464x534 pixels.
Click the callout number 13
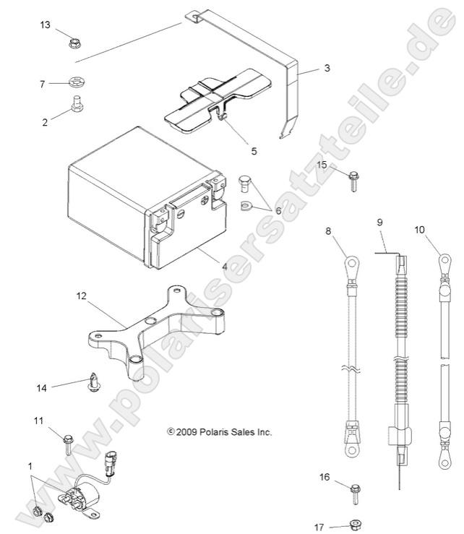tap(45, 25)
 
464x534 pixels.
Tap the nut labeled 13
tap(74, 44)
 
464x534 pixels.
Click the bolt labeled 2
tap(74, 107)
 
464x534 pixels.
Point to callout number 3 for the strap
tap(327, 69)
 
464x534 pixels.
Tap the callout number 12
tap(80, 296)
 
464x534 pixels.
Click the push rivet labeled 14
tap(93, 382)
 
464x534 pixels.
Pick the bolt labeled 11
tap(66, 441)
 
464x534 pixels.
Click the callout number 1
tap(30, 465)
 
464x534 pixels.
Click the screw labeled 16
tap(354, 494)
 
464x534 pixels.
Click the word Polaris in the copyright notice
tap(207, 432)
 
